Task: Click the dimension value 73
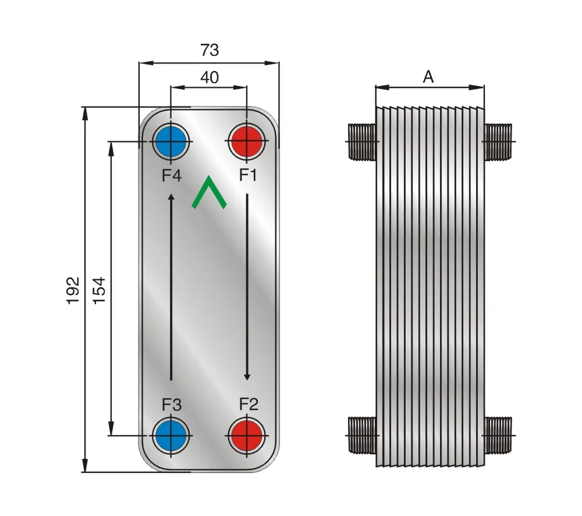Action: pos(210,51)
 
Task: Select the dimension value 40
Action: pos(210,77)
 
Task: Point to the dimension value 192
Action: pos(73,290)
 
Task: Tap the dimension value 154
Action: pos(100,290)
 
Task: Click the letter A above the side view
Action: pos(428,77)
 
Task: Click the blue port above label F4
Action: pos(171,141)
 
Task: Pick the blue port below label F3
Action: pos(171,435)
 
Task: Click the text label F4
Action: pos(171,175)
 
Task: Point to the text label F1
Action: pos(248,175)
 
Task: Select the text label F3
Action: pos(171,404)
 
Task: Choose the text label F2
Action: pos(248,403)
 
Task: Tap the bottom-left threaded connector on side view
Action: pos(362,435)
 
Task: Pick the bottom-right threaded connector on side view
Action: pos(498,435)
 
